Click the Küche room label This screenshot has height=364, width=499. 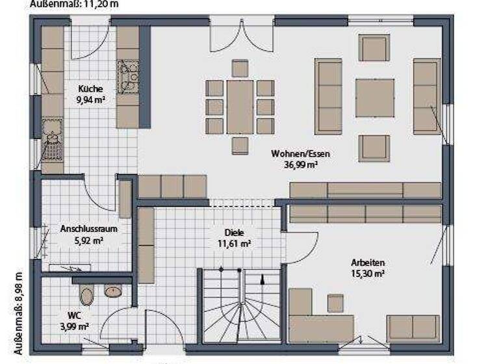(91, 89)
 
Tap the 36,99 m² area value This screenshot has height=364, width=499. (301, 165)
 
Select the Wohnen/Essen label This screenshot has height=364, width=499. (301, 155)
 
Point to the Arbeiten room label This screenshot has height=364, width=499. (368, 263)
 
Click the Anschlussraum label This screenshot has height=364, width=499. (83, 229)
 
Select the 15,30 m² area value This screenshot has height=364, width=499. (368, 274)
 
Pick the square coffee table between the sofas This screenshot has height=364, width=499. (375, 97)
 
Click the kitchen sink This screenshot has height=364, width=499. (52, 140)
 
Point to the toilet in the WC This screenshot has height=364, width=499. (87, 295)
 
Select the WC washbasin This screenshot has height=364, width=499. (113, 291)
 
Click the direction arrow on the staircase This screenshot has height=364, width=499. (262, 280)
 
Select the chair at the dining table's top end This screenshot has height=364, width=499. (240, 68)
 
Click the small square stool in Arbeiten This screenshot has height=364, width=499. (335, 303)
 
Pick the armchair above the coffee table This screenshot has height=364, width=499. (375, 48)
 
